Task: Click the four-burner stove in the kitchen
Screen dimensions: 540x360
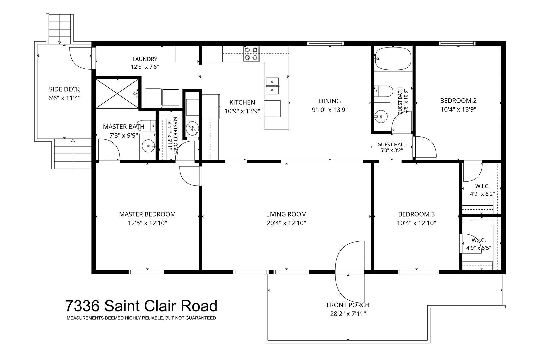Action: click(x=251, y=54)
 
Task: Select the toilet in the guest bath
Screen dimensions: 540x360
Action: click(x=384, y=91)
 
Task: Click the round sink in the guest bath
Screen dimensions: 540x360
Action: click(x=381, y=117)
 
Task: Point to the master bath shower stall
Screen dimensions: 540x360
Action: click(x=117, y=94)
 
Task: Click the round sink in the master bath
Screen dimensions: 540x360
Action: click(x=149, y=146)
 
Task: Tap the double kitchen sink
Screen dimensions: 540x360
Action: click(x=272, y=86)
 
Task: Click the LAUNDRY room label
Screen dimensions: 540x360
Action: click(x=145, y=59)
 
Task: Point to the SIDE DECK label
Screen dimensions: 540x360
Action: click(x=64, y=89)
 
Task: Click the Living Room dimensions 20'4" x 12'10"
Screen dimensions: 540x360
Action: click(x=286, y=223)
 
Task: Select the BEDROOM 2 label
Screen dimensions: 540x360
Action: click(x=458, y=101)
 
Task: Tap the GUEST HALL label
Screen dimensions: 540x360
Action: click(x=391, y=144)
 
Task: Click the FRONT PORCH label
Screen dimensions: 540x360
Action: click(x=348, y=305)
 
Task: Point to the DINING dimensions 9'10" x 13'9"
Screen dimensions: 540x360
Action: click(x=330, y=110)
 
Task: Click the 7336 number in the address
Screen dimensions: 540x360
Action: click(x=82, y=306)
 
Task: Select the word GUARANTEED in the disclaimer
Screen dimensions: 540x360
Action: click(x=201, y=318)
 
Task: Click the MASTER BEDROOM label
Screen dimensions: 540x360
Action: click(x=147, y=214)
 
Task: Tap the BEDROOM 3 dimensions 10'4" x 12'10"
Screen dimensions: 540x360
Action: click(x=417, y=223)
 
